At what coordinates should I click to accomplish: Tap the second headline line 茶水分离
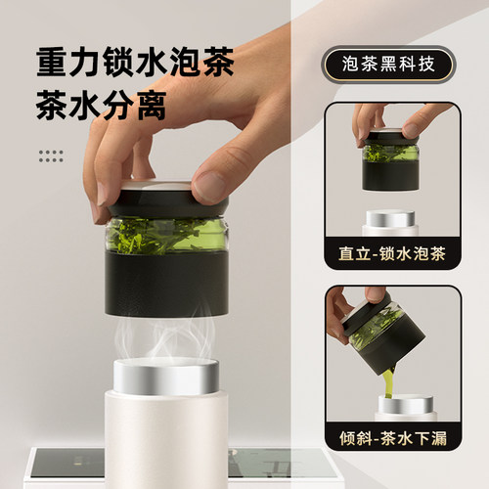(102, 106)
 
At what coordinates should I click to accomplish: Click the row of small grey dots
(50, 155)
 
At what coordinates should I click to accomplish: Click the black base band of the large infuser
(166, 284)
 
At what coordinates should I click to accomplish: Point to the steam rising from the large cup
(166, 337)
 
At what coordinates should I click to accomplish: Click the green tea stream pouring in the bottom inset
(388, 381)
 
